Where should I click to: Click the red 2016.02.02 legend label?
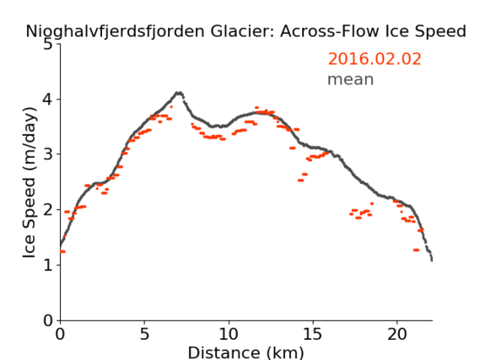pos(375,59)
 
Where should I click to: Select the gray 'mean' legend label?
pos(351,79)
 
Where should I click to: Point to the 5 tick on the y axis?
pos(48,45)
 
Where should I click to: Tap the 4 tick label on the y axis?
pos(48,99)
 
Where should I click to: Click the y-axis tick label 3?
pos(48,154)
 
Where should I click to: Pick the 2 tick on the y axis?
pos(48,210)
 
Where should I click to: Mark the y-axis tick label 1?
pos(48,265)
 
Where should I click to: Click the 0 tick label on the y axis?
pos(48,320)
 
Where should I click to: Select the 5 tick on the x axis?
pos(144,334)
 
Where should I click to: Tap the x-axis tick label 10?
pos(229,334)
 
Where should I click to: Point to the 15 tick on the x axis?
pos(313,334)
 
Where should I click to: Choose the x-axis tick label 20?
pos(397,334)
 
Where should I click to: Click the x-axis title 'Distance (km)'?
pos(245,352)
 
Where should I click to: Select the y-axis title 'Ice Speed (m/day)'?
pos(30,183)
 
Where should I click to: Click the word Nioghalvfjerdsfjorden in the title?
pos(115,32)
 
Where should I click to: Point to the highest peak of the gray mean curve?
pos(179,93)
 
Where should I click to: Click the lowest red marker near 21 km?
pos(416,250)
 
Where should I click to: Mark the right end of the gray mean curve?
pos(432,261)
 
